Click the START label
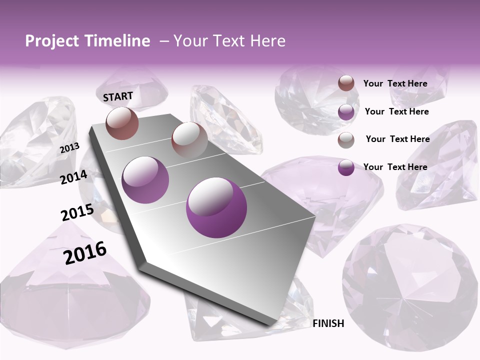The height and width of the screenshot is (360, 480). [118, 96]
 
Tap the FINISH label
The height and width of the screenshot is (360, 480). [328, 323]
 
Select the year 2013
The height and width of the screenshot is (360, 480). [69, 148]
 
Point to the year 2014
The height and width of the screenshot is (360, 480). [74, 177]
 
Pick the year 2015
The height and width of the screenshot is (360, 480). [77, 212]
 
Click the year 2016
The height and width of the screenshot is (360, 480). [85, 253]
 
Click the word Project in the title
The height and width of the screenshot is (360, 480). [52, 41]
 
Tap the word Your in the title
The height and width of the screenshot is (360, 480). [190, 41]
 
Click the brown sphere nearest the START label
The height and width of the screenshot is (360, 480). [122, 123]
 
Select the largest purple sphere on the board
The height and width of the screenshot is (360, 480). [216, 207]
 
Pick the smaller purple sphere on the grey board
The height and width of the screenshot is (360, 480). [145, 179]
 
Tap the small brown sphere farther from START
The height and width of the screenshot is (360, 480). [189, 139]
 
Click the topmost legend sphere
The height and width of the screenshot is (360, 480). [346, 83]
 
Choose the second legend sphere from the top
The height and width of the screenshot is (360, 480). [346, 112]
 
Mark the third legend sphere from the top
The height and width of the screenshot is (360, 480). [346, 140]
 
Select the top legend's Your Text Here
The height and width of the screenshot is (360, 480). [395, 83]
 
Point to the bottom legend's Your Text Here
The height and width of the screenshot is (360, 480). [395, 167]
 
